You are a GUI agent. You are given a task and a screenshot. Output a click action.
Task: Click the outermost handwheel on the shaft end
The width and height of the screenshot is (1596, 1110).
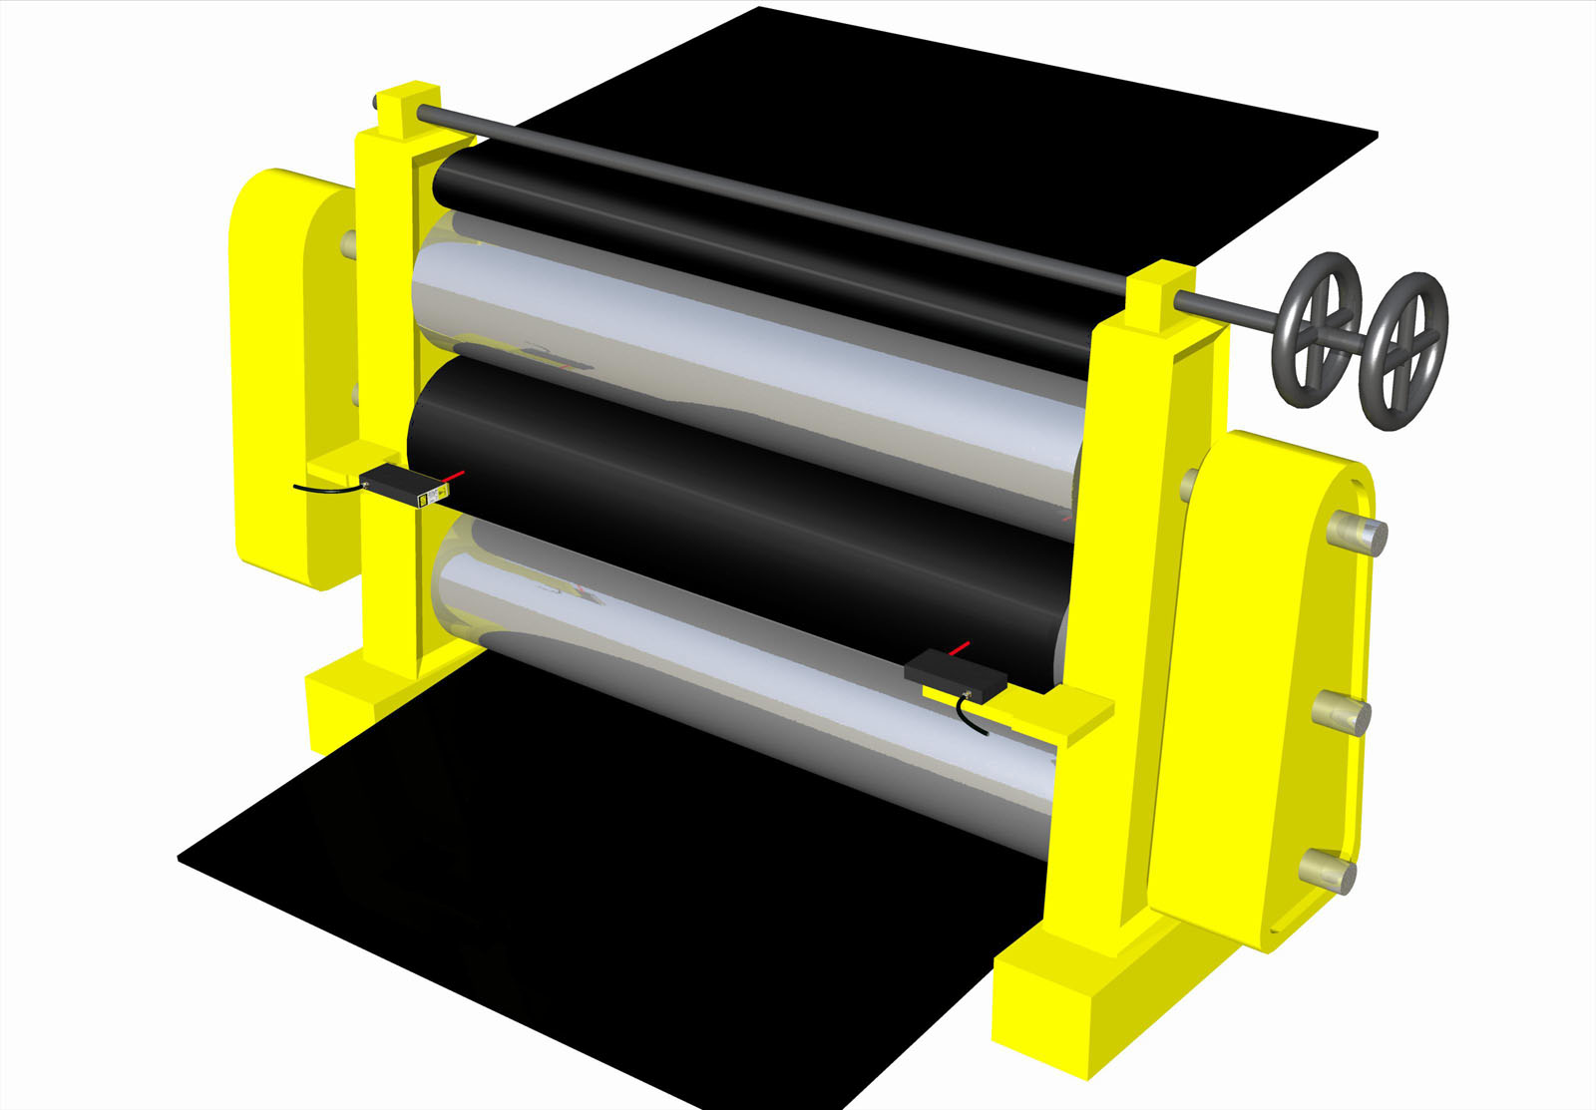(1405, 351)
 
